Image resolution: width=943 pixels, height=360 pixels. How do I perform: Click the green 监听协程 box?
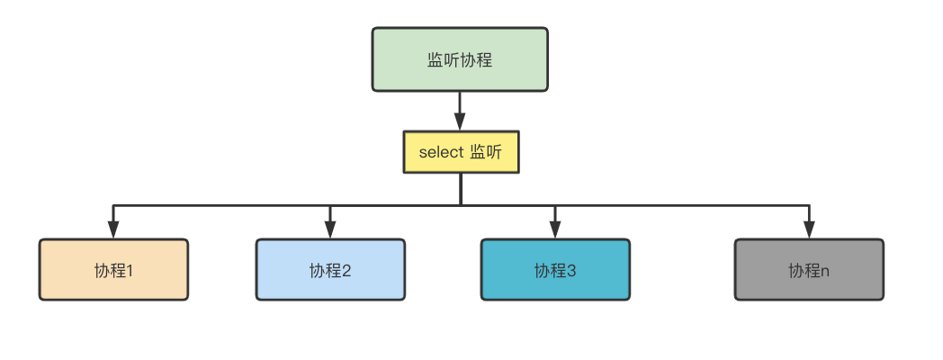(460, 59)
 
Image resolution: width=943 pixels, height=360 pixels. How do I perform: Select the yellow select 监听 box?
(460, 152)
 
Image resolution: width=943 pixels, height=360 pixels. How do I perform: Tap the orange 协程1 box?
(113, 269)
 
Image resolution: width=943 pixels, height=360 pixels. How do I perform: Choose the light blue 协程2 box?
(330, 269)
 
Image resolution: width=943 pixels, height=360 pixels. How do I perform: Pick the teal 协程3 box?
(555, 269)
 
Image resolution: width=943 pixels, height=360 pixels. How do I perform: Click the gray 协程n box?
(809, 269)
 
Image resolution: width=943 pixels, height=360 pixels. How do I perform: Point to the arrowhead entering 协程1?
(113, 231)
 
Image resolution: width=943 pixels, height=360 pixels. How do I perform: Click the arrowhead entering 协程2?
(330, 231)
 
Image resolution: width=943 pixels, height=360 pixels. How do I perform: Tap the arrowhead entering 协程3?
(555, 231)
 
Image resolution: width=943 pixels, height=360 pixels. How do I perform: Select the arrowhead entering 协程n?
(809, 231)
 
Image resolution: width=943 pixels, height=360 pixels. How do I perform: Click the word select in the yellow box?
(440, 152)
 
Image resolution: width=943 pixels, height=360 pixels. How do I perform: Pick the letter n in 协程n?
(825, 270)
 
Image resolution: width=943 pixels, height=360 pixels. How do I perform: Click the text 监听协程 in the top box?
(460, 60)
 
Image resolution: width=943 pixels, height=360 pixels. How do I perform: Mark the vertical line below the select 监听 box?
(460, 188)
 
